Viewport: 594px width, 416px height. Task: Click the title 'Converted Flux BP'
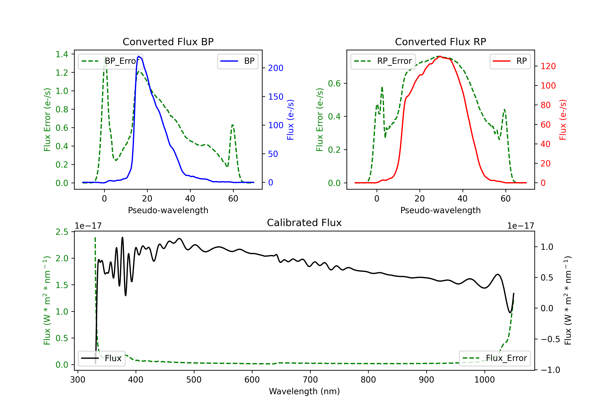pyautogui.click(x=168, y=42)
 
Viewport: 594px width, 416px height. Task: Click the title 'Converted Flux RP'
pyautogui.click(x=440, y=42)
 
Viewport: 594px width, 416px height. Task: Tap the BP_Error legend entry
pyautogui.click(x=111, y=61)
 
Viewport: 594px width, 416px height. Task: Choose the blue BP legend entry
pyautogui.click(x=237, y=61)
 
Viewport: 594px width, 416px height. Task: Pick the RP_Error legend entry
pyautogui.click(x=383, y=61)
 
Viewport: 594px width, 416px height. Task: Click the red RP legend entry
pyautogui.click(x=510, y=61)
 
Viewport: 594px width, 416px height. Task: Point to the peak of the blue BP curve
pyautogui.click(x=139, y=56)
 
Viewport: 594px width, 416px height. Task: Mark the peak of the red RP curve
pyautogui.click(x=440, y=56)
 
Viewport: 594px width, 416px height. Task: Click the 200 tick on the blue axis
pyautogui.click(x=276, y=68)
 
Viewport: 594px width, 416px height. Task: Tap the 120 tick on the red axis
pyautogui.click(x=548, y=66)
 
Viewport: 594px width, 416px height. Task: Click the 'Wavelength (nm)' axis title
pyautogui.click(x=304, y=391)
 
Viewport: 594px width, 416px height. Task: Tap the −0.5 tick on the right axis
pyautogui.click(x=550, y=339)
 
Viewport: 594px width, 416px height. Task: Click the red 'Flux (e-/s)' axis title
pyautogui.click(x=563, y=120)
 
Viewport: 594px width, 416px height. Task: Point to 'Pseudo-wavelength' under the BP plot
pyautogui.click(x=168, y=210)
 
